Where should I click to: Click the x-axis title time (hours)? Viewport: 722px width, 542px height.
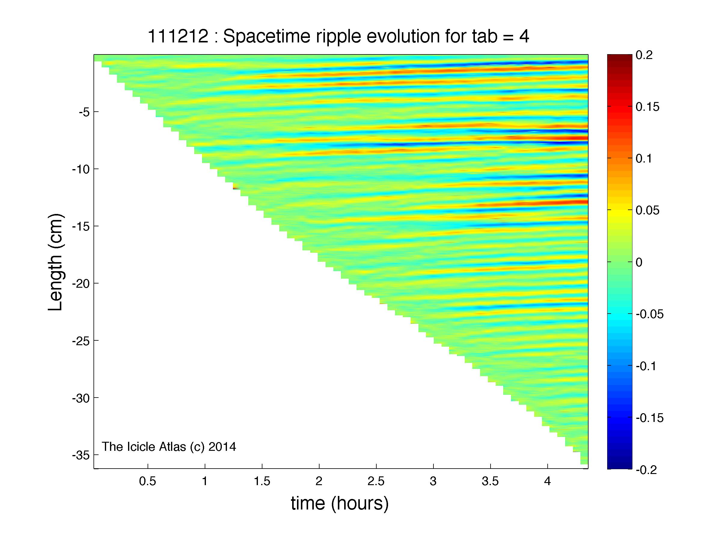[x=340, y=504]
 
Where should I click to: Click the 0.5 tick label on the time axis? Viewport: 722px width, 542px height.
[x=148, y=481]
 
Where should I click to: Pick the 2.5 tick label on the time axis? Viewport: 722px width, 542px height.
[x=376, y=481]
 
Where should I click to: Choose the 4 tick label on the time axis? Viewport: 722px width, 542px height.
[x=547, y=481]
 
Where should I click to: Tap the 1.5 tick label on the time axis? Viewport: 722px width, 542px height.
[x=262, y=481]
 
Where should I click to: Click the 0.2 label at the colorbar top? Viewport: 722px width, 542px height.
[x=644, y=55]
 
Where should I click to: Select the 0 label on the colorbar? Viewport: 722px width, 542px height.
[x=639, y=262]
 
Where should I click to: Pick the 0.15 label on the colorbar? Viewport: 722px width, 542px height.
[x=647, y=107]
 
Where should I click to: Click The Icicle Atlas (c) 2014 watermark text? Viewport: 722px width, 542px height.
[x=169, y=447]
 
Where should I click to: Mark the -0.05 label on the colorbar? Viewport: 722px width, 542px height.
[x=650, y=314]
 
